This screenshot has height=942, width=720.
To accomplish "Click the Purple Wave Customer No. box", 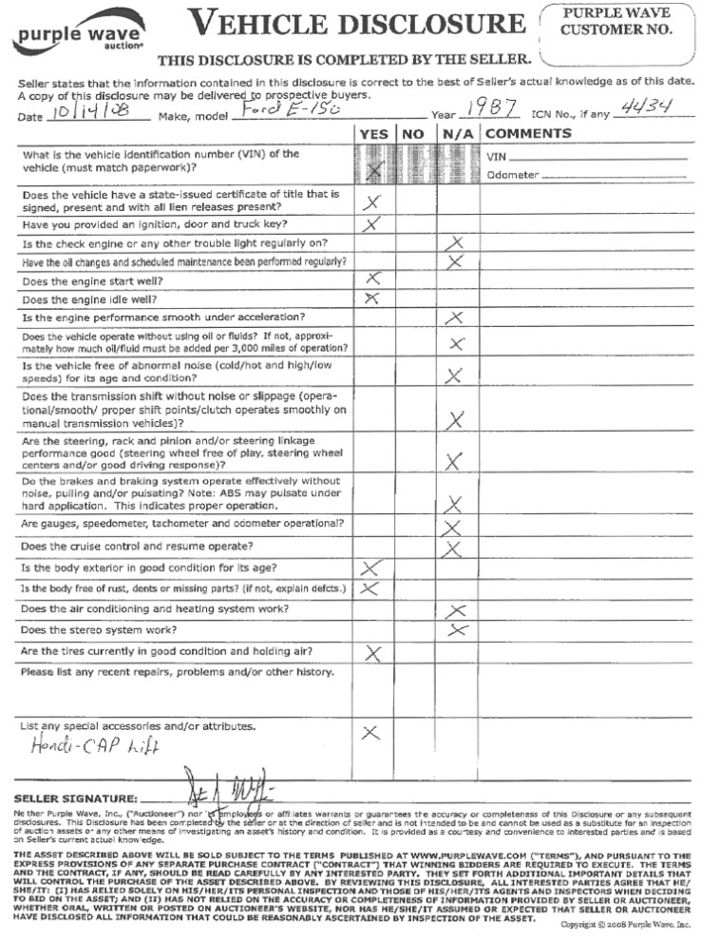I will pyautogui.click(x=616, y=23).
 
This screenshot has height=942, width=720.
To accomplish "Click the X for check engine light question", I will pyautogui.click(x=458, y=243).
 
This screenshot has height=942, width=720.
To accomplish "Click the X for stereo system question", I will pyautogui.click(x=458, y=630).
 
